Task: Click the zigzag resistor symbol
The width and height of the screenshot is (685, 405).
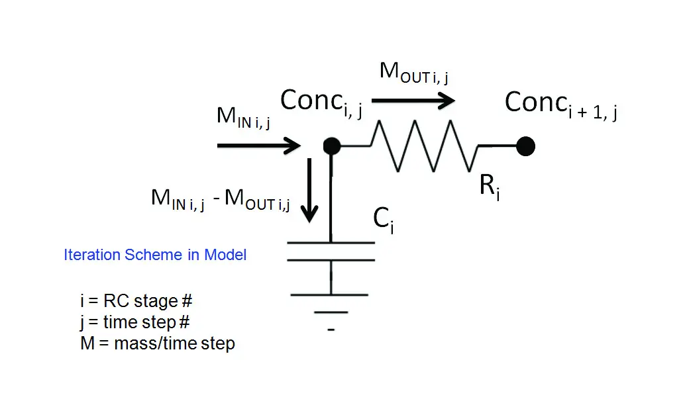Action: (x=424, y=146)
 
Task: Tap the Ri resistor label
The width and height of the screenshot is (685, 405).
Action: (x=489, y=188)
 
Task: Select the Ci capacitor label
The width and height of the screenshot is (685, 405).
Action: (x=384, y=219)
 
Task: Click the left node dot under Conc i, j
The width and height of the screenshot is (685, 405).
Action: (x=332, y=146)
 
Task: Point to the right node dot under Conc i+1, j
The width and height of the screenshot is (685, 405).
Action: (x=525, y=146)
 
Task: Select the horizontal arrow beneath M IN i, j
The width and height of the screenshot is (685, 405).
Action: (x=258, y=146)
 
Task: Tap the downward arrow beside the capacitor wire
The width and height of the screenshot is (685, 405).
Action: (x=309, y=192)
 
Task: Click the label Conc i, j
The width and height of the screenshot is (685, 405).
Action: (x=321, y=101)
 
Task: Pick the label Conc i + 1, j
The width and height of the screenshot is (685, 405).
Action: (x=560, y=104)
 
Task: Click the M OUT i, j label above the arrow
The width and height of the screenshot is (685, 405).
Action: (x=413, y=73)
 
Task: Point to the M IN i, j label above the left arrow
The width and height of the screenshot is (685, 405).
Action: (x=243, y=117)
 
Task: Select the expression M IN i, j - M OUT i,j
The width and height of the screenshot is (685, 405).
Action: (x=221, y=199)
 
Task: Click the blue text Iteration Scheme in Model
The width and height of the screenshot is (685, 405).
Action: (x=155, y=255)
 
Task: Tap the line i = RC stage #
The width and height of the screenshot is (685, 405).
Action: (x=136, y=301)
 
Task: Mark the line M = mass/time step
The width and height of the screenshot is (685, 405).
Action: (x=157, y=343)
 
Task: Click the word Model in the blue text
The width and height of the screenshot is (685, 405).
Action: (x=225, y=255)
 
